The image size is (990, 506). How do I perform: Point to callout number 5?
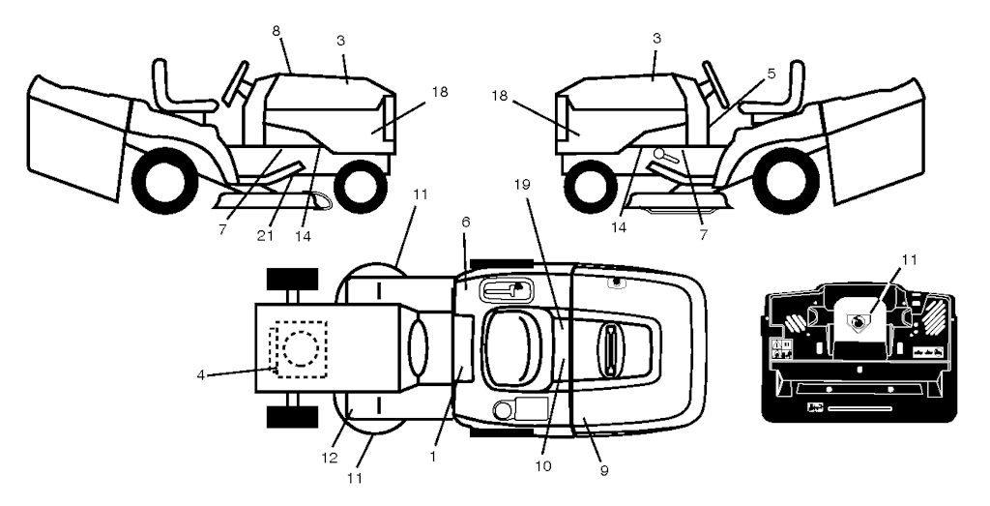(772, 74)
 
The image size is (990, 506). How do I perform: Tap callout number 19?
(522, 185)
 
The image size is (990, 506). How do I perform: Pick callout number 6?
(465, 222)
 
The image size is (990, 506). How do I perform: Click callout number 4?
(200, 374)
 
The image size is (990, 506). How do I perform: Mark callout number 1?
(432, 456)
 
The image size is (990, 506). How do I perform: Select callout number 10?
(542, 467)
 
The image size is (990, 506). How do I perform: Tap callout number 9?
(604, 470)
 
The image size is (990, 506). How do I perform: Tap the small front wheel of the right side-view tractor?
(590, 187)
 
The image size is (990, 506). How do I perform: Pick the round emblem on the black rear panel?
(858, 324)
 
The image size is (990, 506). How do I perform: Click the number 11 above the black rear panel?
(909, 259)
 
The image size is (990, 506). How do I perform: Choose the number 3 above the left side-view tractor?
(340, 40)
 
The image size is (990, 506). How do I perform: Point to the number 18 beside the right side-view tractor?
(500, 97)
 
